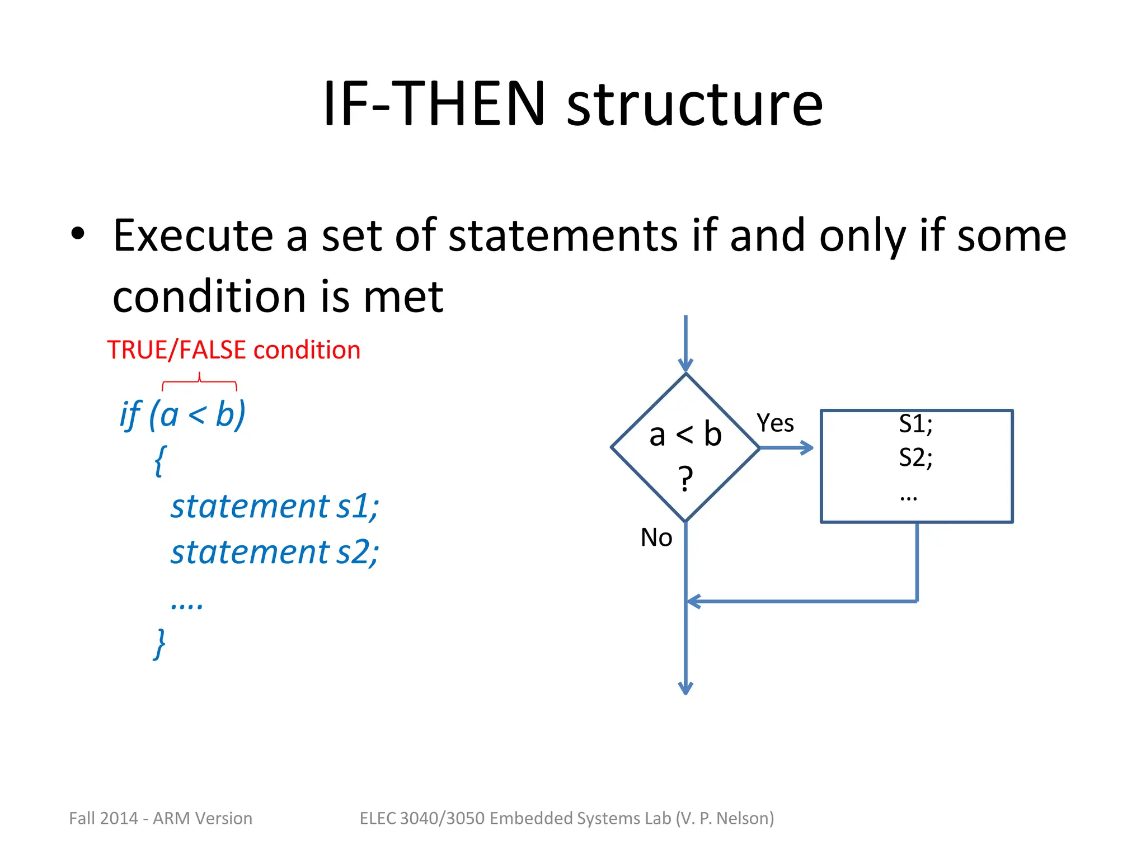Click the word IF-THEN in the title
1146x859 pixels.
pos(434,103)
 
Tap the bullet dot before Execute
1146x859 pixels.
pos(78,234)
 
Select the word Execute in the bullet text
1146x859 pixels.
pos(193,235)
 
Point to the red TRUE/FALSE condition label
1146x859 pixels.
pos(233,350)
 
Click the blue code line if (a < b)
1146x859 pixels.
pos(182,415)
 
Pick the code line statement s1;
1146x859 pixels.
pos(274,506)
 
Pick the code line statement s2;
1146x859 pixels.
pos(274,552)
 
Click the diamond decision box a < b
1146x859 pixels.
pos(685,447)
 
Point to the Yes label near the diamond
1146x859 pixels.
pos(775,423)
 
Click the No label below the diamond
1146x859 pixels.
pos(656,537)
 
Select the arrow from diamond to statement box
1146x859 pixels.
pos(786,447)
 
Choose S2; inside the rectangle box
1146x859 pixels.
pos(915,457)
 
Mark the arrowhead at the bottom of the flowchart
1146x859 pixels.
pos(685,688)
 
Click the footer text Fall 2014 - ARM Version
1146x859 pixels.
pos(161,818)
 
